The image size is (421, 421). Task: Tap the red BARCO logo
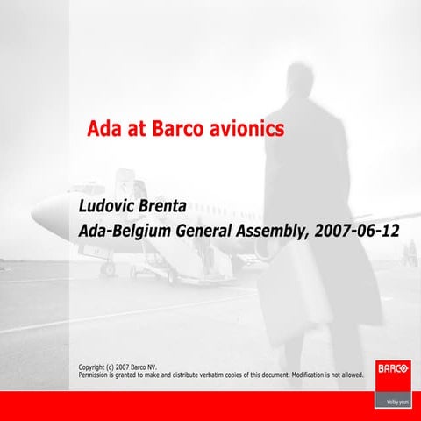click(x=392, y=370)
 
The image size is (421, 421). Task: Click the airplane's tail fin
click(x=136, y=187)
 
